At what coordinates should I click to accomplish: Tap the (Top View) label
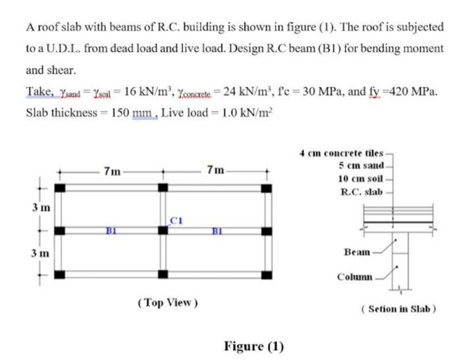(168, 303)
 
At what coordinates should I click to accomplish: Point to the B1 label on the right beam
(217, 231)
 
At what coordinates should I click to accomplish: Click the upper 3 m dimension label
(39, 209)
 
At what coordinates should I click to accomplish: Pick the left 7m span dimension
(113, 172)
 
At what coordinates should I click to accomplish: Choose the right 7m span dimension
(215, 172)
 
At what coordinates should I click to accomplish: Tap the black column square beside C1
(163, 231)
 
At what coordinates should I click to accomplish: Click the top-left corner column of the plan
(60, 188)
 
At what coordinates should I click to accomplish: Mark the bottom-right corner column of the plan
(265, 274)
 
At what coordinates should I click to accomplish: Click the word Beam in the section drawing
(357, 252)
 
